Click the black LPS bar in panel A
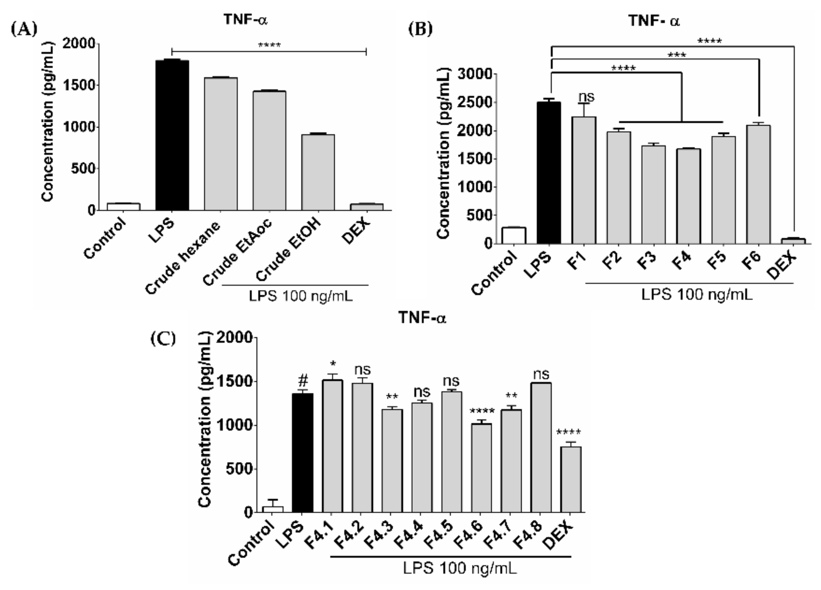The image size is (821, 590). [x=172, y=135]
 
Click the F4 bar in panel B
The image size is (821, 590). [x=688, y=196]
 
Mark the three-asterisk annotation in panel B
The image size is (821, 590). [x=677, y=56]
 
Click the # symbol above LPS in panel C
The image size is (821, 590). [x=303, y=380]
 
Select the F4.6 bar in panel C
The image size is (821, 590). [x=482, y=468]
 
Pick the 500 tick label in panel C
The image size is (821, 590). [x=239, y=469]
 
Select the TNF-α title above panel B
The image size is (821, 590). [x=654, y=21]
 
